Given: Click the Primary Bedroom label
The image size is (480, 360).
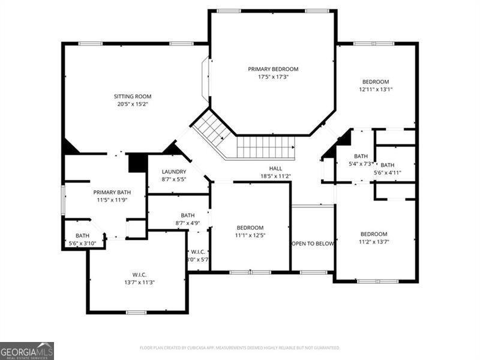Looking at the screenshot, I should coord(273,69).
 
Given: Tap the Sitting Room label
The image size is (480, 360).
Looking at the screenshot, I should coord(133,96).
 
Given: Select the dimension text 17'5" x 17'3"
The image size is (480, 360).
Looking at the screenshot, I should coord(273,77).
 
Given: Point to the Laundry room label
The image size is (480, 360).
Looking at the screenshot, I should coord(174,172).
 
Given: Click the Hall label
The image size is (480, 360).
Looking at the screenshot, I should coord(275,169).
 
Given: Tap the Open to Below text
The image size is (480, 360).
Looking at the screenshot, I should coord(313,244).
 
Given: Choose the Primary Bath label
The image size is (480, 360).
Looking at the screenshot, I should coord(112,192).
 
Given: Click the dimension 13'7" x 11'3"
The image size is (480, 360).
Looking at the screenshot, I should coord(139,282).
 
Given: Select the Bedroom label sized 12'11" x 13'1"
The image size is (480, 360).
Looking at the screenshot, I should coord(375,82).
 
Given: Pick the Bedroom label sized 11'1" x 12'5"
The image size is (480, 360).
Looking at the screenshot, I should coord(250,227).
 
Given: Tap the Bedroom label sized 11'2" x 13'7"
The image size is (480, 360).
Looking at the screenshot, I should coord(373,234).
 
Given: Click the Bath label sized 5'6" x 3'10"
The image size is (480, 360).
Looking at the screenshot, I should coord(82,236).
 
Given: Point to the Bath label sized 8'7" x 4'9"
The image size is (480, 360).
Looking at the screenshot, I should coord(188,215).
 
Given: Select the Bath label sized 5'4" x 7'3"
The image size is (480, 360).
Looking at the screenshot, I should coord(361,156).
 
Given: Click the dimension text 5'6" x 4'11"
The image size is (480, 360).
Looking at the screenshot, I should coord(387,173).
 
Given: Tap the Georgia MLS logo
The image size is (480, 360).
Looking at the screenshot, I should coord(27,350).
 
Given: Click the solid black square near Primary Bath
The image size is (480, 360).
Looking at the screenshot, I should coord(137,163).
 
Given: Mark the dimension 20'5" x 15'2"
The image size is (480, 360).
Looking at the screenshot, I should coord(133,104).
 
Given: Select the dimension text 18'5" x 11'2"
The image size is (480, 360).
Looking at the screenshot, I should coord(275,176).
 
